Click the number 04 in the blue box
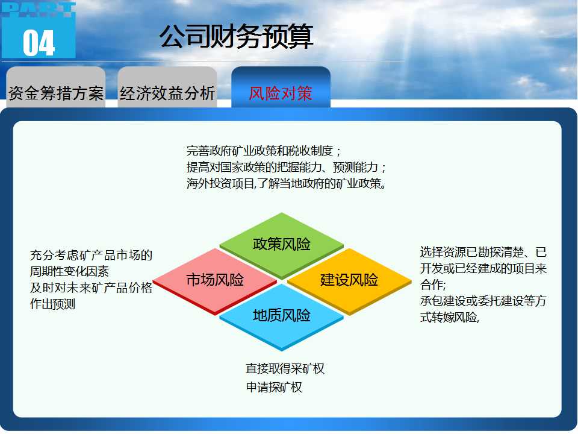(39, 43)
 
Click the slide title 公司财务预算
(236, 37)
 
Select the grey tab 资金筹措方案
(56, 87)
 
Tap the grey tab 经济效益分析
(167, 87)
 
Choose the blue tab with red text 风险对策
(281, 87)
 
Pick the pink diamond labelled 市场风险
(215, 281)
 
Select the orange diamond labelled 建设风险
(349, 281)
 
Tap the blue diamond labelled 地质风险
(282, 316)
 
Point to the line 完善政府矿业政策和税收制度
(264, 151)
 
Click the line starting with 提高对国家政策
(286, 167)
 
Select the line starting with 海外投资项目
(287, 183)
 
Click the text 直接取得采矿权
(285, 368)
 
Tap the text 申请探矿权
(274, 387)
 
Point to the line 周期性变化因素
(69, 271)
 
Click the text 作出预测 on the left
(52, 304)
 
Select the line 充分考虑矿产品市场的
(91, 255)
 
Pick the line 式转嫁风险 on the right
(449, 317)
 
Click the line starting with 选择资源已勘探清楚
(483, 252)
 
